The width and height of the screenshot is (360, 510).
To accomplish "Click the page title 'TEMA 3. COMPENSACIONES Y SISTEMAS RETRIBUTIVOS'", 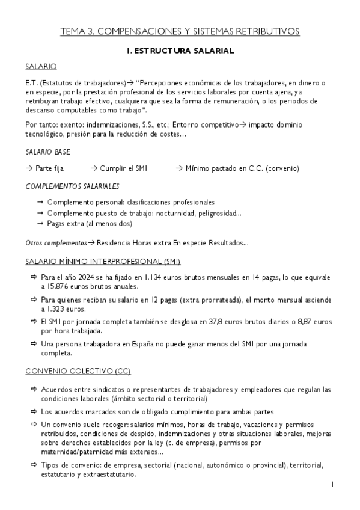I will pyautogui.click(x=180, y=31).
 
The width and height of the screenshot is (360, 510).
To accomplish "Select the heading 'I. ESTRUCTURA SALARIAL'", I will pyautogui.click(x=180, y=51).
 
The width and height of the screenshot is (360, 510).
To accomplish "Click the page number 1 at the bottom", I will pyautogui.click(x=332, y=485).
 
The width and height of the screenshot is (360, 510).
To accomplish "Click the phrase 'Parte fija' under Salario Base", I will pyautogui.click(x=49, y=170).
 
